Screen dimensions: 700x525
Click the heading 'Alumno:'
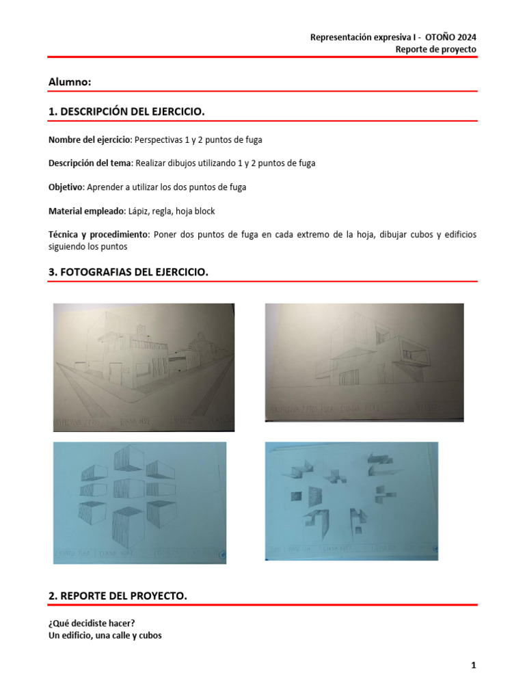[70, 82]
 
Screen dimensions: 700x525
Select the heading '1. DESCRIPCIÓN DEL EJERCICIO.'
[126, 111]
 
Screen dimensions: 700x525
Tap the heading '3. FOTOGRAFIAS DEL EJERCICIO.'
[128, 272]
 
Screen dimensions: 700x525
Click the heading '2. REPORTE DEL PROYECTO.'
[117, 596]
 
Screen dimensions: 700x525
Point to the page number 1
[472, 665]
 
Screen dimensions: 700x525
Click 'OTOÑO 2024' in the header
[453, 37]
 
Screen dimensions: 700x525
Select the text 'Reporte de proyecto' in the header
[436, 49]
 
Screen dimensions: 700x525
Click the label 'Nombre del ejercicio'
[89, 139]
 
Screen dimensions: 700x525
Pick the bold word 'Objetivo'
[65, 187]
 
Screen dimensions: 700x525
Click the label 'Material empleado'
[85, 211]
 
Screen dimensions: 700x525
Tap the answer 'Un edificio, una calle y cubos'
[105, 634]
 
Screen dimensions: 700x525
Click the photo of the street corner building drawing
[144, 367]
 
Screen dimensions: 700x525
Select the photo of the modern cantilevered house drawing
[364, 362]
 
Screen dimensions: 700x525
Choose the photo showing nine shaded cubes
[139, 502]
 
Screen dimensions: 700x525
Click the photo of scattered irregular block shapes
[351, 501]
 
